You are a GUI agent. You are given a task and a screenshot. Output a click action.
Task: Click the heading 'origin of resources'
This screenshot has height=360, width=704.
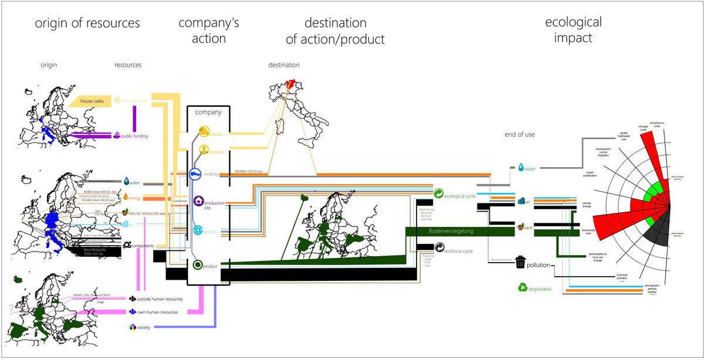[x=87, y=23]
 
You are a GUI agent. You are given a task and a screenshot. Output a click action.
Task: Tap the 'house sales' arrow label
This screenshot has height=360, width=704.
[x=92, y=101]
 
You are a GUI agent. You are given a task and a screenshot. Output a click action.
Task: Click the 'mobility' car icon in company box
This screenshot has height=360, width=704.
[x=195, y=174]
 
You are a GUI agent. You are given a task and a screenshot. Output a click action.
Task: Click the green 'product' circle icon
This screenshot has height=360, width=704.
[x=198, y=265]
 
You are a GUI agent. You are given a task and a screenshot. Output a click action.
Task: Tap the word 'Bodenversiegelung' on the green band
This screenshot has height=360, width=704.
[x=450, y=232]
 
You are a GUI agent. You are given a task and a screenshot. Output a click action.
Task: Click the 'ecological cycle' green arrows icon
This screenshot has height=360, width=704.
[x=439, y=194]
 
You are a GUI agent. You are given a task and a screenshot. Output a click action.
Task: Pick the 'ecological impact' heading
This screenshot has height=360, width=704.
[x=573, y=30]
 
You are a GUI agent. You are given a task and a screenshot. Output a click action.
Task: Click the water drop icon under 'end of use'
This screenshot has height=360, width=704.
[x=520, y=168]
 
